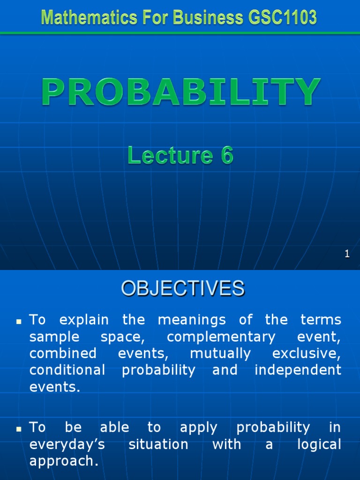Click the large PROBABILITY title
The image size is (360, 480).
click(181, 92)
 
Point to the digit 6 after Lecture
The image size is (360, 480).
click(227, 155)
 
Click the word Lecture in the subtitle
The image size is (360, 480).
click(170, 155)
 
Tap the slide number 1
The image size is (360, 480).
click(347, 254)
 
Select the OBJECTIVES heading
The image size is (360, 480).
click(183, 288)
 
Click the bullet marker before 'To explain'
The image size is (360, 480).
click(19, 322)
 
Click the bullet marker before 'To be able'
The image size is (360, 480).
click(19, 429)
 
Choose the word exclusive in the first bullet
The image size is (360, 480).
click(307, 354)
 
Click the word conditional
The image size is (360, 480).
click(67, 370)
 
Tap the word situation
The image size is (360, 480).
click(158, 444)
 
